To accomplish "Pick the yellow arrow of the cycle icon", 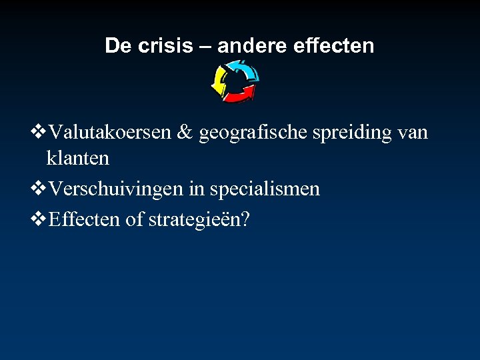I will click(x=219, y=82).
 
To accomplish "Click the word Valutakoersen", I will click(x=111, y=132).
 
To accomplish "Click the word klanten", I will click(x=77, y=159).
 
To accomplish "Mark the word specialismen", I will click(x=265, y=190).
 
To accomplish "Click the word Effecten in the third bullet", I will click(x=85, y=219).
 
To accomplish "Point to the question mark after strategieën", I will click(x=245, y=219).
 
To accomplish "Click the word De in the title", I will click(x=117, y=45).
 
